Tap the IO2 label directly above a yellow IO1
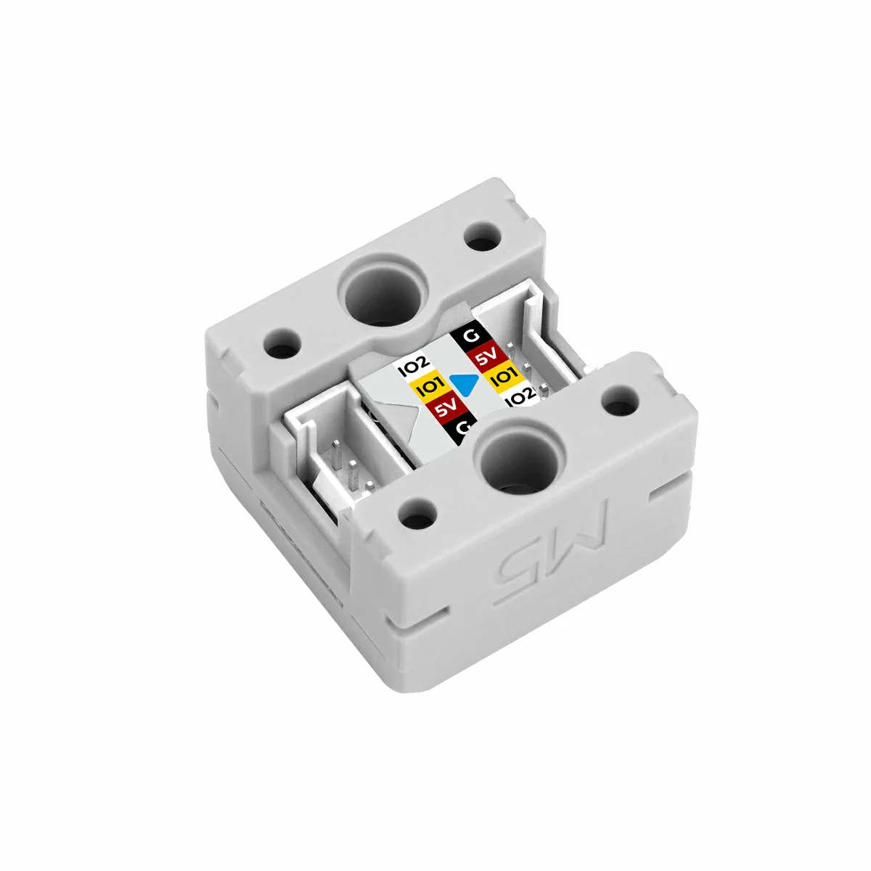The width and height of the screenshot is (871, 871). click(x=414, y=369)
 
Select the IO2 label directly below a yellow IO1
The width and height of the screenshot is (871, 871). click(x=520, y=397)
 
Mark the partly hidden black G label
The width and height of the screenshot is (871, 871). click(x=459, y=430)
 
